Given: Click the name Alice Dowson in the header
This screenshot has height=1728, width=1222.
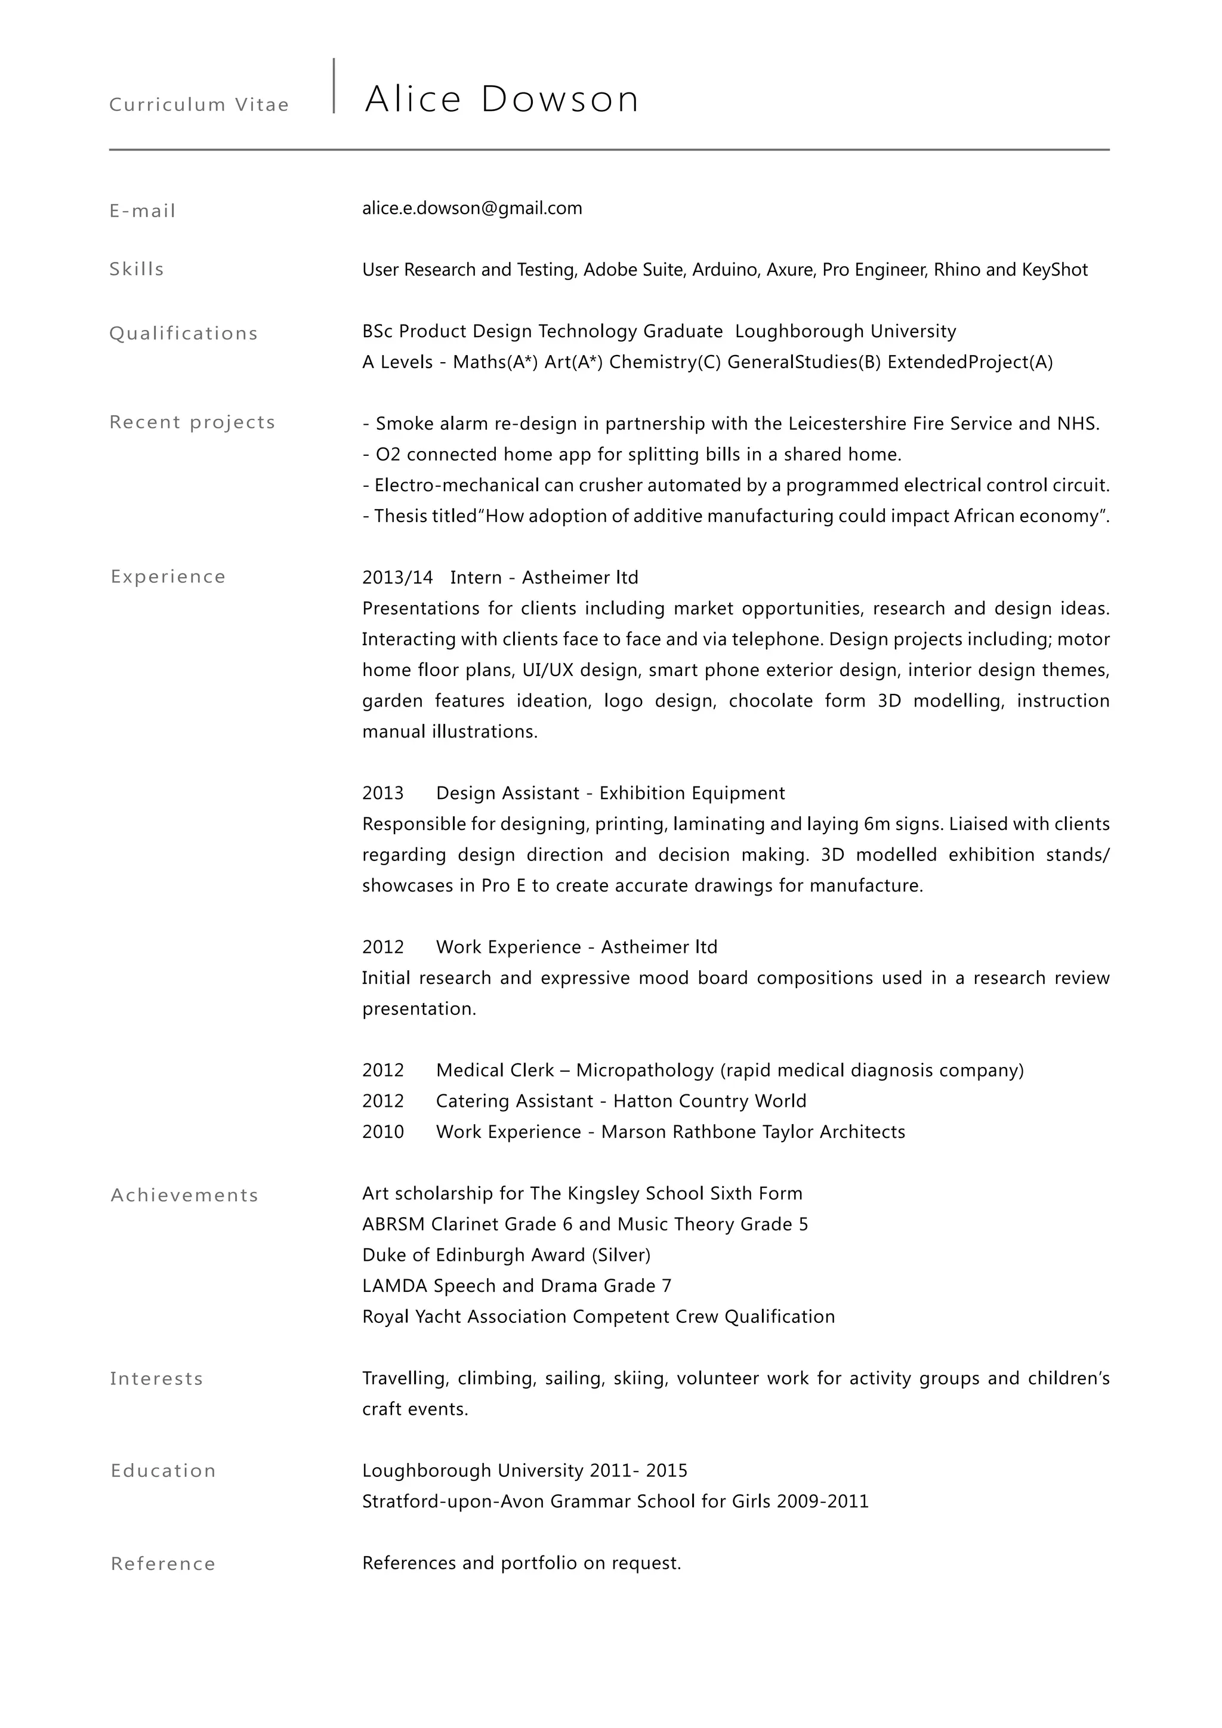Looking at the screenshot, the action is point(502,99).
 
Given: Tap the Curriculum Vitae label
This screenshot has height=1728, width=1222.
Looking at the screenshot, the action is point(199,104).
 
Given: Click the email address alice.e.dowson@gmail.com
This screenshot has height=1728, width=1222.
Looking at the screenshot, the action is point(472,208).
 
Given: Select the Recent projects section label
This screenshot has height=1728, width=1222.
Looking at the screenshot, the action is point(192,422).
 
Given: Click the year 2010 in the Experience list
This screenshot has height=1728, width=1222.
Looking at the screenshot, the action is point(382,1132).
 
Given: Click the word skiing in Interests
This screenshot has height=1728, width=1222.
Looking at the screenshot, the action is point(640,1379).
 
